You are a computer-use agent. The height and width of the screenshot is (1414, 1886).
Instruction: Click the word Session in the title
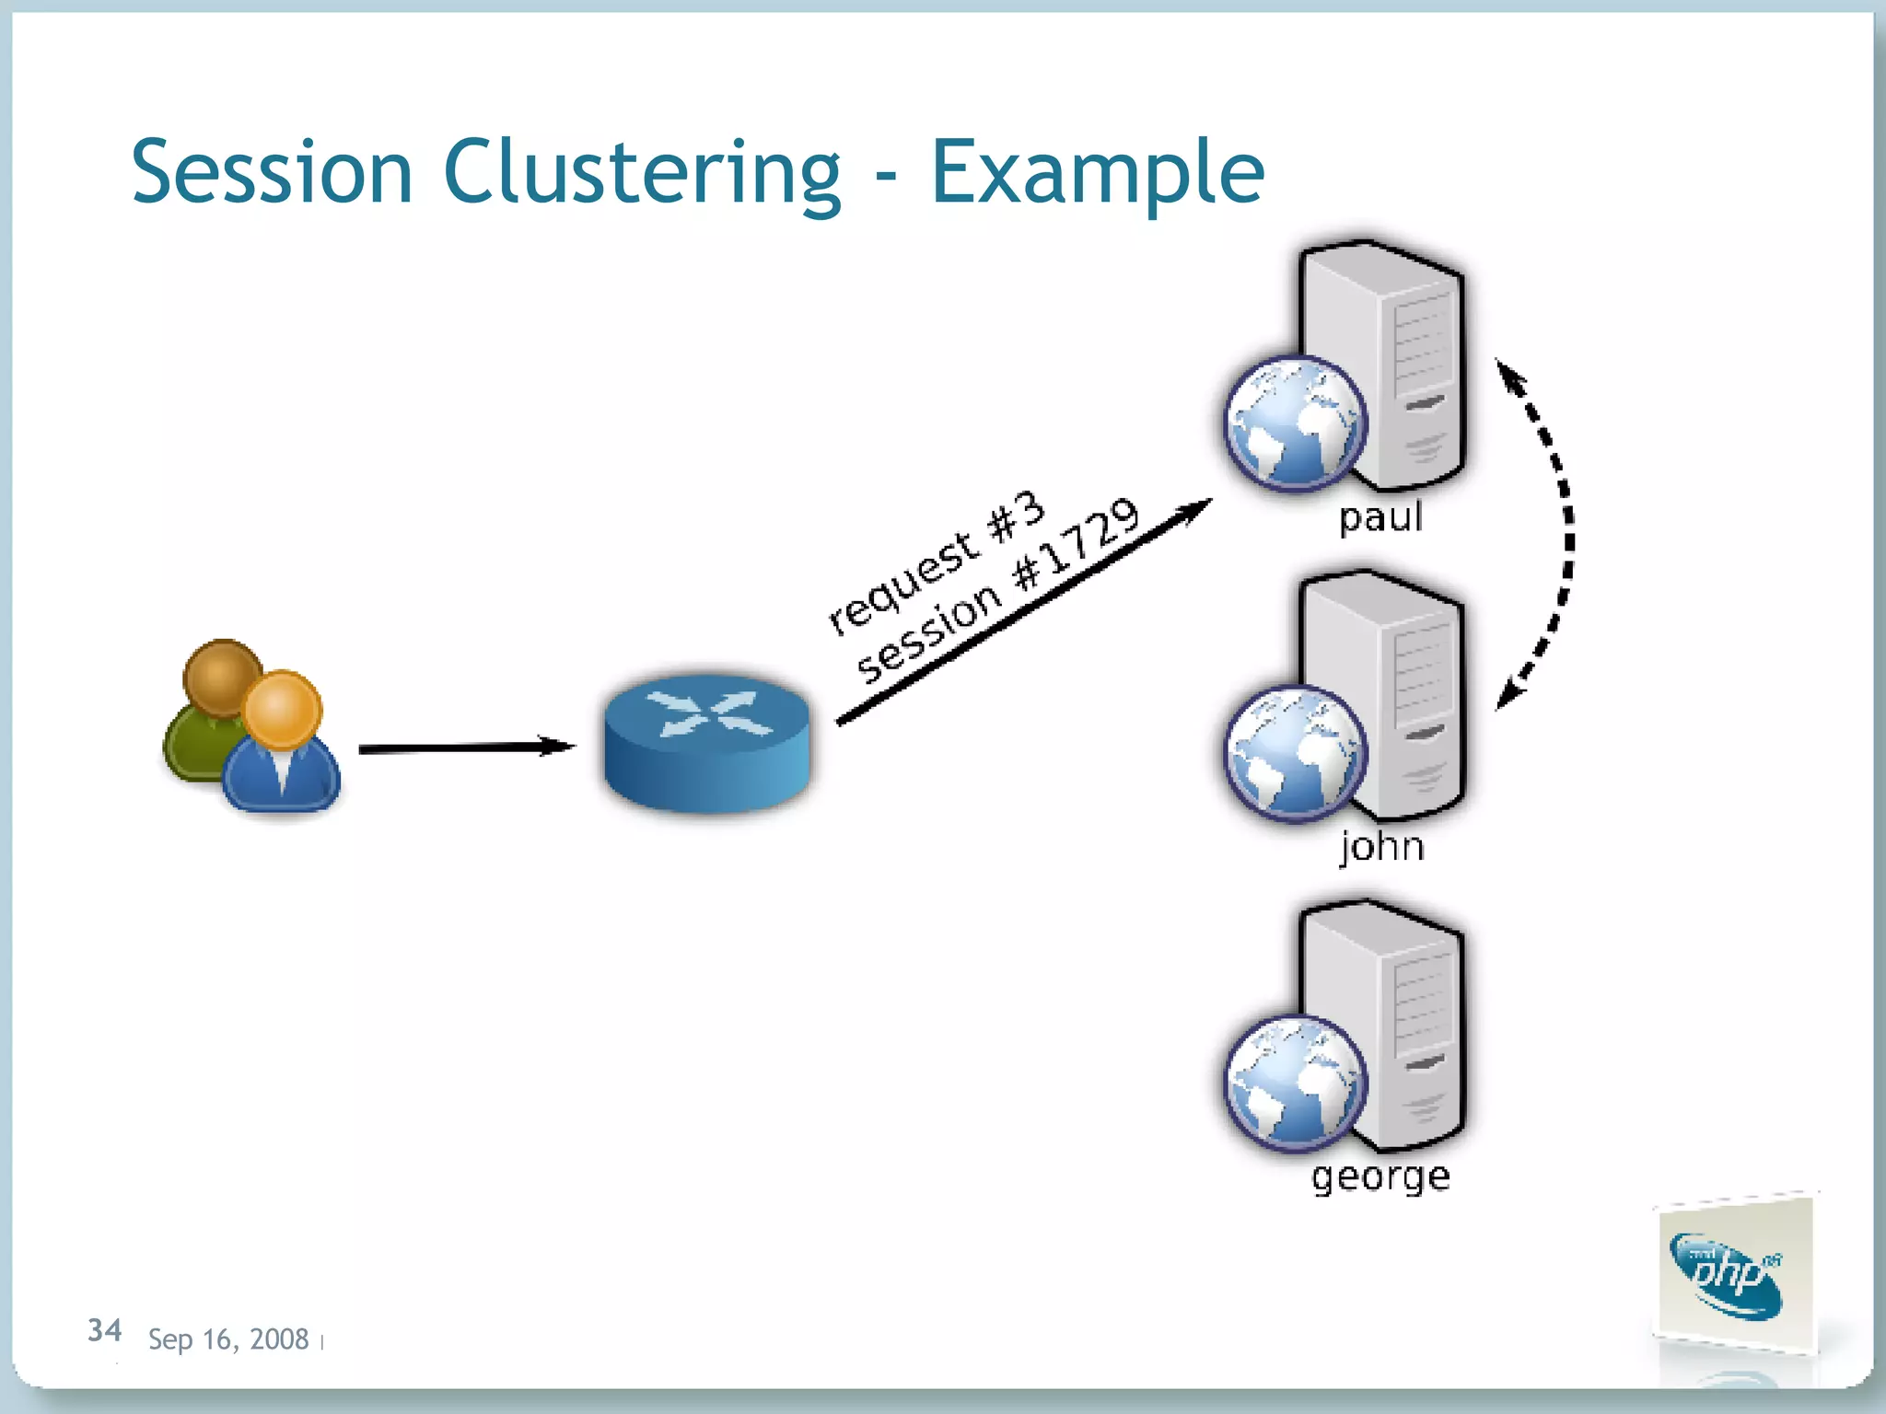tap(272, 172)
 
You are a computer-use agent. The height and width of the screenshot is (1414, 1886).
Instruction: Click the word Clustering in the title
tap(642, 172)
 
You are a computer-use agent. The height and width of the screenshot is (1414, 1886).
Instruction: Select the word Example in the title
tap(1098, 172)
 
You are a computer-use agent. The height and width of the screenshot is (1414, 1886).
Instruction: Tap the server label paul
tap(1380, 516)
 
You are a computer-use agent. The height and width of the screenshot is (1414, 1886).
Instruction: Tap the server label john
tap(1381, 845)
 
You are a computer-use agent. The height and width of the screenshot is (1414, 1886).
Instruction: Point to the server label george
tap(1380, 1176)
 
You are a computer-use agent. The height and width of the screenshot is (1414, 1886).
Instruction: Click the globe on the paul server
tap(1294, 423)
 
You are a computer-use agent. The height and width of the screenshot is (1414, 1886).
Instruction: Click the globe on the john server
tap(1294, 753)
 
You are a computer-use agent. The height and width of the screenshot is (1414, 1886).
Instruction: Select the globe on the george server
tap(1294, 1083)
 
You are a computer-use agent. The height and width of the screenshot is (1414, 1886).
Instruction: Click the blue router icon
tap(707, 741)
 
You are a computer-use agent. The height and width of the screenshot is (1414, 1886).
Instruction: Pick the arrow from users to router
tap(465, 748)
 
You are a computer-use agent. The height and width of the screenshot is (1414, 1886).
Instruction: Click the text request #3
tap(935, 563)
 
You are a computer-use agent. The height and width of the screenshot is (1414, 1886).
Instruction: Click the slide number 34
tap(104, 1330)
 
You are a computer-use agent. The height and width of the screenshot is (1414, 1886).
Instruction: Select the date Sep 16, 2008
tap(227, 1339)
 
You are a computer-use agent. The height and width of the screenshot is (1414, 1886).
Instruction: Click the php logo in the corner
tap(1731, 1275)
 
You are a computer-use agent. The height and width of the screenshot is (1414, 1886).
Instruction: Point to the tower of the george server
tap(1409, 1022)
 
